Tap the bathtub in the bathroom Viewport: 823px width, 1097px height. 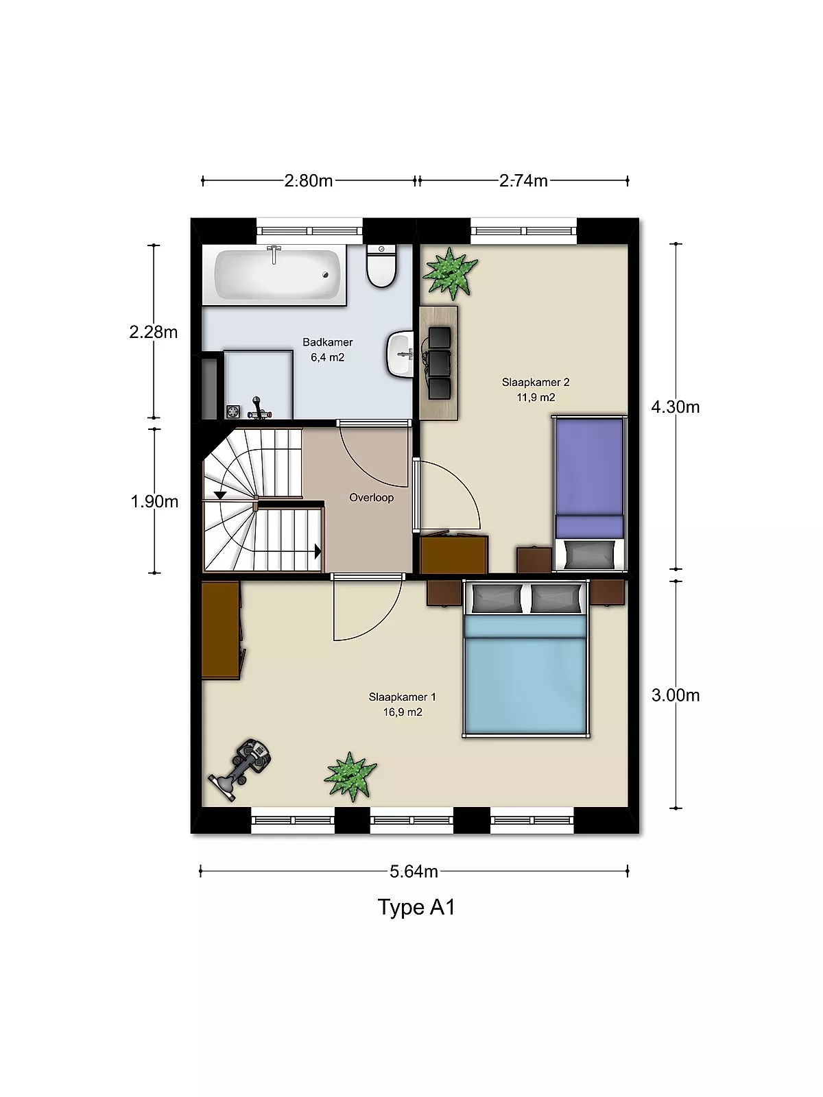pos(277,275)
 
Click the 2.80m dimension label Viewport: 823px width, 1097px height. pos(309,180)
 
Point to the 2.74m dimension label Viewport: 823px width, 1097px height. pos(523,180)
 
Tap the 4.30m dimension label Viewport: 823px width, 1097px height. pos(675,407)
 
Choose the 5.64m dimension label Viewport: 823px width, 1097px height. pos(414,871)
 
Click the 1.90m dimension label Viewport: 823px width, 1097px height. pos(154,501)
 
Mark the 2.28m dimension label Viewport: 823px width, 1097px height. pos(154,332)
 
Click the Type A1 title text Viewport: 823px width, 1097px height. pos(416,908)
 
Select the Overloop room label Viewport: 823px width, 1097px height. pos(371,497)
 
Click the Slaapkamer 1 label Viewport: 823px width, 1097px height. pos(403,697)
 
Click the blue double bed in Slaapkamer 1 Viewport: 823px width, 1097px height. pos(525,659)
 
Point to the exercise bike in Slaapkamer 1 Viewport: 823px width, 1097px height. pos(240,769)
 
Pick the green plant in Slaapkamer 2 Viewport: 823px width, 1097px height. pos(450,274)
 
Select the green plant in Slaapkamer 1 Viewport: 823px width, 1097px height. pos(350,777)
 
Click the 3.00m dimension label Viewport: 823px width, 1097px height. pos(676,695)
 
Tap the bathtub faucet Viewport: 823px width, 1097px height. pos(274,254)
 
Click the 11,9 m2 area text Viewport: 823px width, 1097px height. pos(536,397)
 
